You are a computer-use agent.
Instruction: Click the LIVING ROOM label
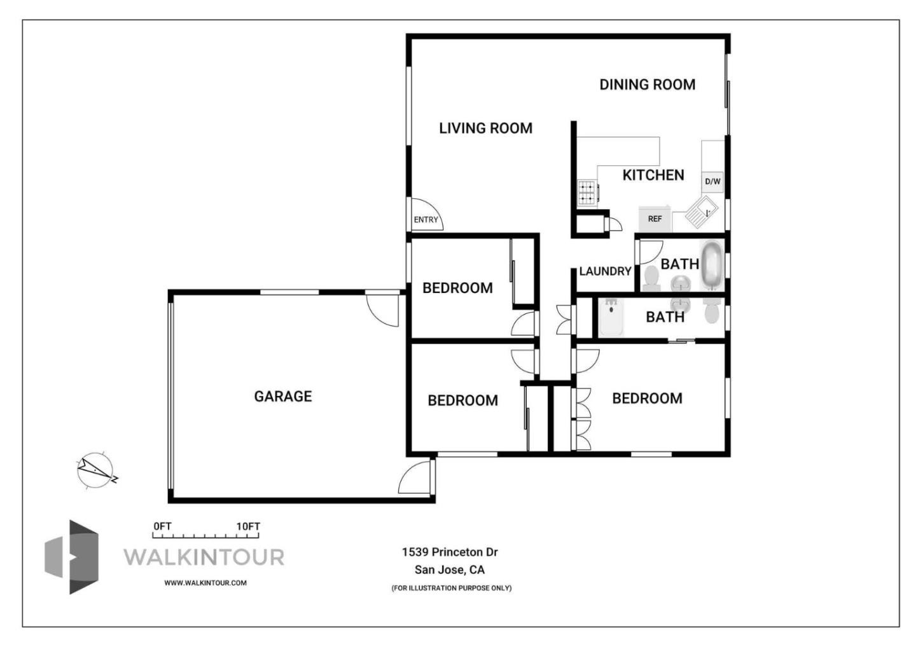click(485, 128)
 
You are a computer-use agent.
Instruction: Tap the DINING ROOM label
click(647, 85)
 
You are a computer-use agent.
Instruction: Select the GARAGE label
click(283, 397)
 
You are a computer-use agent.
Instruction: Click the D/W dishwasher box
click(712, 182)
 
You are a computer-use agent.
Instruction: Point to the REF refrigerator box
click(655, 219)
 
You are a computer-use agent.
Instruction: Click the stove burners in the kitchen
click(586, 193)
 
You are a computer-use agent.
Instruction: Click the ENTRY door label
click(426, 220)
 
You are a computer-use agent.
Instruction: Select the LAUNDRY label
click(605, 271)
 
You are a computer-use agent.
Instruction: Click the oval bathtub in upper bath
click(711, 264)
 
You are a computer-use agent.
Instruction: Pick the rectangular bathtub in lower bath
click(611, 317)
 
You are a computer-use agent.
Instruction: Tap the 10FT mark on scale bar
click(248, 526)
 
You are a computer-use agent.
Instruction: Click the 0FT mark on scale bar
click(162, 526)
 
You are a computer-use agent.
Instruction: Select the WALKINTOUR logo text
click(204, 557)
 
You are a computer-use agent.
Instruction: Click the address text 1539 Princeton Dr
click(450, 552)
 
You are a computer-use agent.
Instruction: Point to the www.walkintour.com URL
click(205, 583)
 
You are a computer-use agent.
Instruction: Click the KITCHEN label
click(653, 175)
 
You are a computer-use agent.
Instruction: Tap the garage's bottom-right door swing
click(415, 478)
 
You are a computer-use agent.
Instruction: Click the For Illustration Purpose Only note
click(451, 588)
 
